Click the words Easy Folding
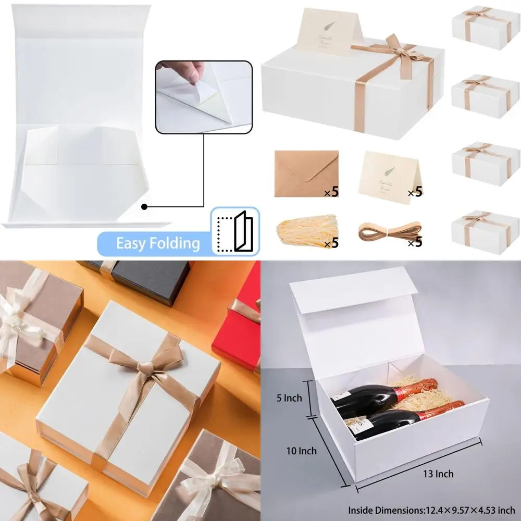157,243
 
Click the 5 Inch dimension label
289,399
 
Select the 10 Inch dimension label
301,451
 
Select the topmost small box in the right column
485,28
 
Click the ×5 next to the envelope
331,192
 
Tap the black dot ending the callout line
144,207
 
